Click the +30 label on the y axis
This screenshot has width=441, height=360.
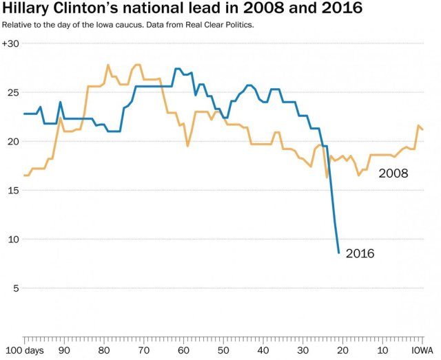(10, 43)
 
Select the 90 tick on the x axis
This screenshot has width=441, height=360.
(63, 350)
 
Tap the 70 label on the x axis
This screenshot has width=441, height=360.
(143, 350)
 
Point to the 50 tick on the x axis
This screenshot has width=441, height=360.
(223, 350)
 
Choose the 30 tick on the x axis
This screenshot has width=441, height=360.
(302, 350)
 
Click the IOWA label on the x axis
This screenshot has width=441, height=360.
(422, 350)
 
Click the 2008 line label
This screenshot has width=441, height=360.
(393, 173)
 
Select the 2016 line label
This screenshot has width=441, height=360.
(360, 254)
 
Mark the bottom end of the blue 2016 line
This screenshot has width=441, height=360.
(338, 253)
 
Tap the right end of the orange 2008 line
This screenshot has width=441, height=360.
(422, 129)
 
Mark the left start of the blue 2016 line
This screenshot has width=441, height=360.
(24, 114)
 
